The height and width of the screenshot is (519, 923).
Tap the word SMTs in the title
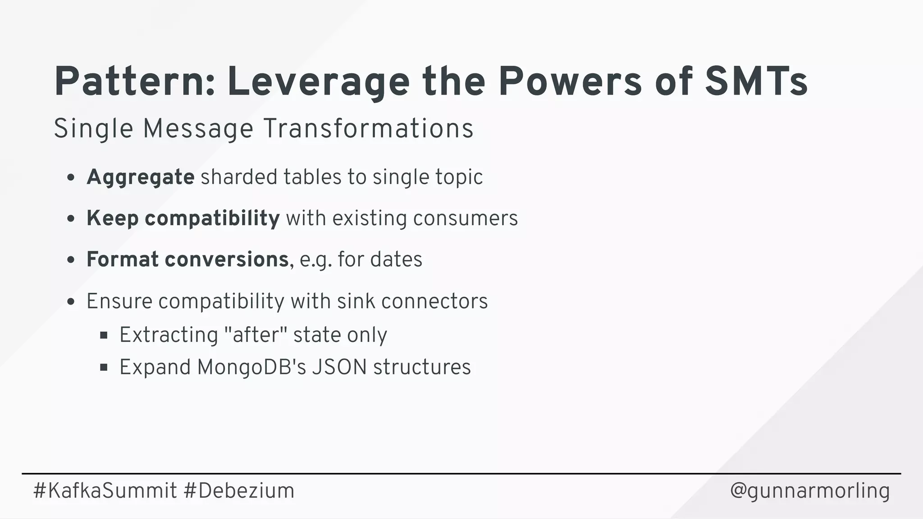click(756, 82)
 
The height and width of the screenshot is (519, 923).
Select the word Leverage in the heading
click(318, 83)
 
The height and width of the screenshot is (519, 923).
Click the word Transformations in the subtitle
click(368, 128)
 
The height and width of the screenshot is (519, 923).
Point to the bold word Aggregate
click(140, 177)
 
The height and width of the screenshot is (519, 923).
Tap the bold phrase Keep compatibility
click(183, 219)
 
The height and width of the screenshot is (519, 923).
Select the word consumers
click(465, 219)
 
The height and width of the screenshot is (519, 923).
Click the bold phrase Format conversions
click(187, 259)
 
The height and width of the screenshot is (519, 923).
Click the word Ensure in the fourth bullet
click(119, 301)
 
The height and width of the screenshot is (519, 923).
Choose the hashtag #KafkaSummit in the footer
click(105, 491)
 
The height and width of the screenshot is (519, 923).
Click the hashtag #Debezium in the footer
click(239, 491)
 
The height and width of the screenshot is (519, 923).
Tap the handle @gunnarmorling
click(810, 491)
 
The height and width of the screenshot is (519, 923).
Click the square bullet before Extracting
click(104, 335)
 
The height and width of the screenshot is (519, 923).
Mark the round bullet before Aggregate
click(70, 178)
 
